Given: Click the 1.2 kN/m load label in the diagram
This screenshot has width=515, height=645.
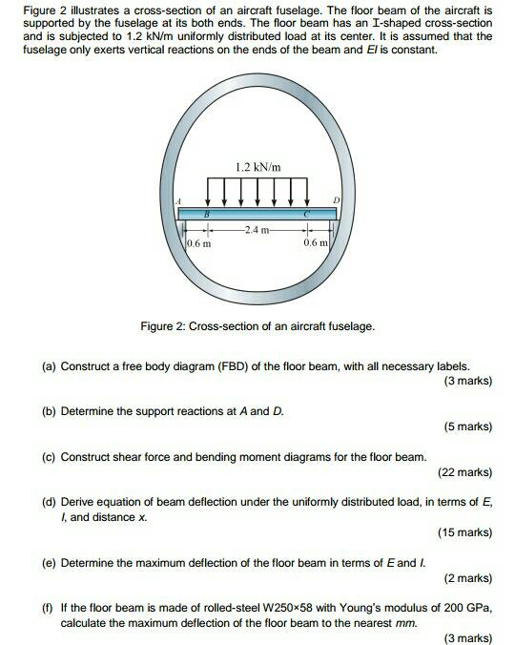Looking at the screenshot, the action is [x=257, y=168].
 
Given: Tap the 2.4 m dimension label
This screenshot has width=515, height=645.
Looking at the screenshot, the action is [x=257, y=230].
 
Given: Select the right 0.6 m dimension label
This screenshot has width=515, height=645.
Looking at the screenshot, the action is [x=315, y=244].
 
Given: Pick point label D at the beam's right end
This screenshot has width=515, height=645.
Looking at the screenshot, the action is [x=335, y=199].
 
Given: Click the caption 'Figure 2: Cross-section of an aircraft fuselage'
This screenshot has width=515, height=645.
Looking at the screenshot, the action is [x=257, y=326].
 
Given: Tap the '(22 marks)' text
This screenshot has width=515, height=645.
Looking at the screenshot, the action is [x=464, y=472].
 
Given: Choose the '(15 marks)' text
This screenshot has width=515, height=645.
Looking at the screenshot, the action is [x=464, y=532].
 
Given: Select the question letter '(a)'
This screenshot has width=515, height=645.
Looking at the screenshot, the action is [x=49, y=365].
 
